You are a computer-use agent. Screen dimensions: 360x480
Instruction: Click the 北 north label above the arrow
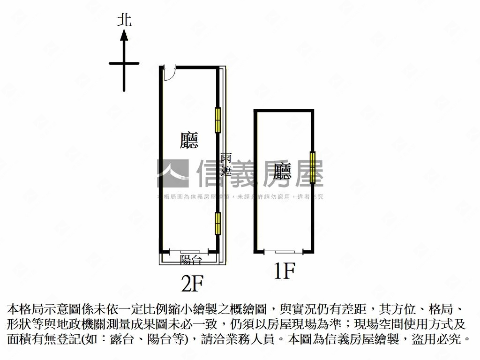pyautogui.click(x=124, y=20)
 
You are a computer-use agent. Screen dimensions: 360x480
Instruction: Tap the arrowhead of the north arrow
pyautogui.click(x=124, y=35)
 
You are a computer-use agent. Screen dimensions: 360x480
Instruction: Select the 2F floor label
pyautogui.click(x=193, y=283)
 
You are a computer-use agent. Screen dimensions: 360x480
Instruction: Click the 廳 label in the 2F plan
pyautogui.click(x=189, y=140)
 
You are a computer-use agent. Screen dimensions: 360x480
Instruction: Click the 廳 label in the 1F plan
pyautogui.click(x=283, y=171)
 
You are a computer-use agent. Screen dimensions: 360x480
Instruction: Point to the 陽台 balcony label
pyautogui.click(x=191, y=259)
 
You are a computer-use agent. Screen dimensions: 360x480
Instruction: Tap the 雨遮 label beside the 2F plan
pyautogui.click(x=226, y=164)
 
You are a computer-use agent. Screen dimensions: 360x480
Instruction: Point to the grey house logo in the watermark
pyautogui.click(x=172, y=173)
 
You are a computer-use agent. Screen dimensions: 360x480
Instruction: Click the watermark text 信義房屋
pyautogui.click(x=260, y=174)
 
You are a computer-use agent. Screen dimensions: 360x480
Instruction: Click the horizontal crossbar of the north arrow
pyautogui.click(x=124, y=63)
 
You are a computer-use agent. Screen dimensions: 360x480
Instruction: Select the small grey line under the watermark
pyautogui.click(x=240, y=197)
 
